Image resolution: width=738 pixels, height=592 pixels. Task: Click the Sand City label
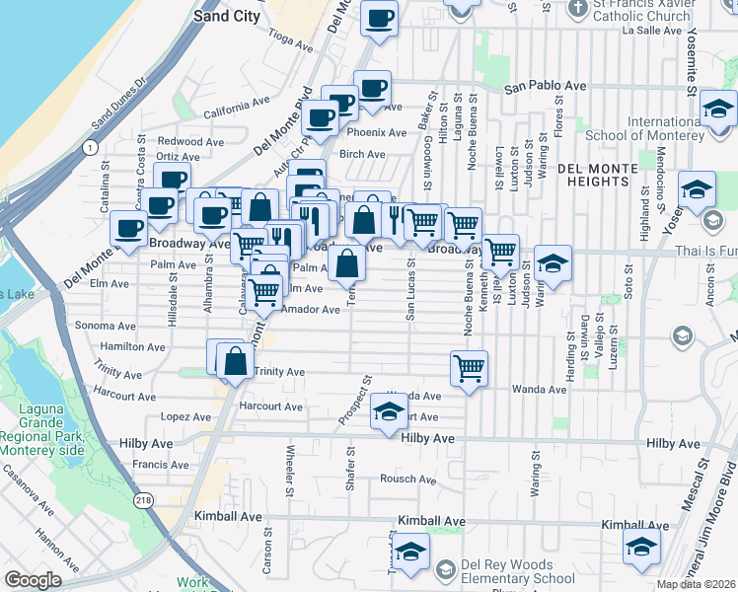pos(226,16)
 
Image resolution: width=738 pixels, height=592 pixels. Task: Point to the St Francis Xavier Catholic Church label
pos(641,11)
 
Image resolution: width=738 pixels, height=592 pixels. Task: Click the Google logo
pos(33,580)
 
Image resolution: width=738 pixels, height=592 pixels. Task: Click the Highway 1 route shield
pos(91,148)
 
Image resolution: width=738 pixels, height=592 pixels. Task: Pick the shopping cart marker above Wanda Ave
pos(469,368)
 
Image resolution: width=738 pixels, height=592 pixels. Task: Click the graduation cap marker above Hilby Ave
pos(390,411)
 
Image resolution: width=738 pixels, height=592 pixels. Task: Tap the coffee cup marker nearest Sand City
pos(380,17)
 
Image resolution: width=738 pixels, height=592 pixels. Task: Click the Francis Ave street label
pos(153,465)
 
